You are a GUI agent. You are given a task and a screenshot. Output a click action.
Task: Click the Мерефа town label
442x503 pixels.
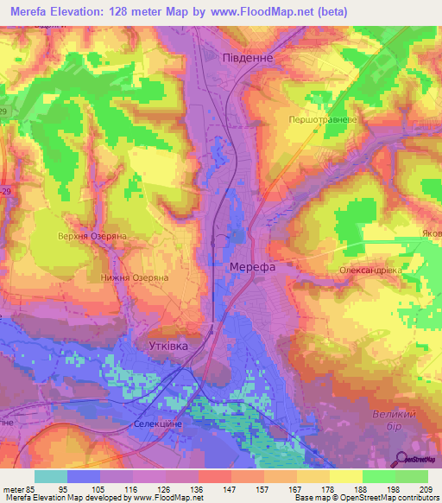(252, 268)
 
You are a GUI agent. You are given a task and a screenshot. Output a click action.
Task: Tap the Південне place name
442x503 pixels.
(248, 57)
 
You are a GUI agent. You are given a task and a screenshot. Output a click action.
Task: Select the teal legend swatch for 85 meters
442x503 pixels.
(51, 476)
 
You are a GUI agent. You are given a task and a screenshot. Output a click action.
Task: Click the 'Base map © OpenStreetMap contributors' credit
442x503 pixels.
(364, 498)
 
